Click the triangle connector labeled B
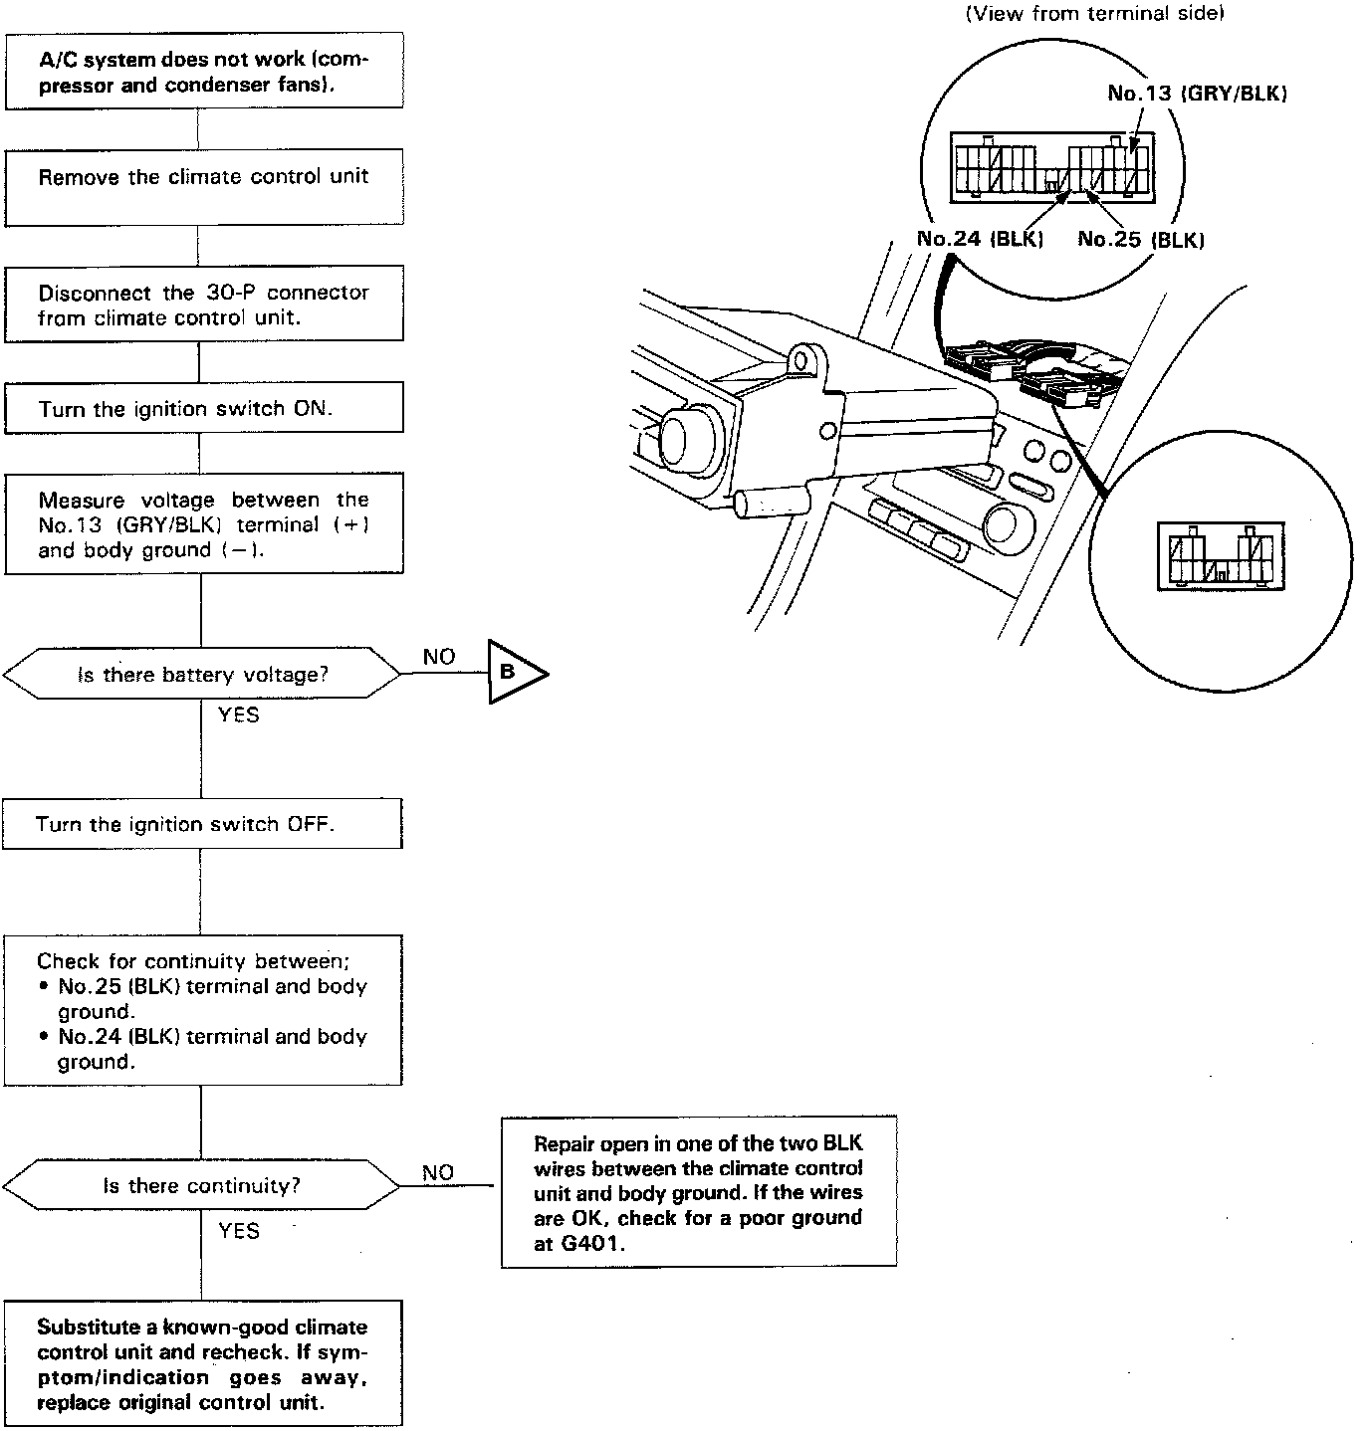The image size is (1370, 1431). (x=512, y=673)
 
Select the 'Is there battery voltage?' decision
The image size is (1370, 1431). (x=202, y=675)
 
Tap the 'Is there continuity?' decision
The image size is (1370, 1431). (x=202, y=1185)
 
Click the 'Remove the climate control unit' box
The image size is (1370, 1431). (x=204, y=186)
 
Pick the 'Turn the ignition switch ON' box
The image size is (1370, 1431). (x=204, y=409)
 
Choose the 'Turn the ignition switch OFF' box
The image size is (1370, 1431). (x=202, y=824)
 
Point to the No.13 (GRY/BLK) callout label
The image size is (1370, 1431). (x=1197, y=94)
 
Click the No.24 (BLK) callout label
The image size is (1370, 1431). (x=979, y=240)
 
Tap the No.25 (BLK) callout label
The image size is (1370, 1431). (x=1141, y=240)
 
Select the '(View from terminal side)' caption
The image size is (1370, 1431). (x=1094, y=14)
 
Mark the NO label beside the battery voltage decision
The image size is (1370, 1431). (x=438, y=657)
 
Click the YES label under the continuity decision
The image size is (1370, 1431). (x=239, y=1231)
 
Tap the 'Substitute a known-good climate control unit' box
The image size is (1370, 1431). (x=203, y=1363)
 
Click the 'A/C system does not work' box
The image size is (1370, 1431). (x=204, y=73)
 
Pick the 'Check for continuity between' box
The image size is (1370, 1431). (x=202, y=1010)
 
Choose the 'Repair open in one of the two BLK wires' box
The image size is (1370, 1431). (x=698, y=1191)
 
